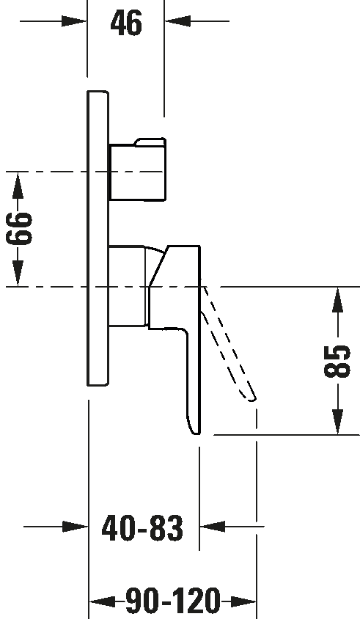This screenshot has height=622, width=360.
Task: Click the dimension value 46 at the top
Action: point(126,23)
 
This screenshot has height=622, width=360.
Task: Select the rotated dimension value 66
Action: point(19,229)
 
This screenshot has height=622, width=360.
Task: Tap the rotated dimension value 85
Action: point(337,361)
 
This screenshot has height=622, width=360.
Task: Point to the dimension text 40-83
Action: point(143,528)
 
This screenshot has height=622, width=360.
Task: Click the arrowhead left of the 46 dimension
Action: point(75,21)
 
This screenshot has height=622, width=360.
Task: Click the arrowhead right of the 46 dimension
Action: point(177,21)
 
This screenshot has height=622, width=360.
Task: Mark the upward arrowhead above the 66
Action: point(18,186)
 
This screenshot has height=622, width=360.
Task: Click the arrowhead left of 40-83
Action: point(76,527)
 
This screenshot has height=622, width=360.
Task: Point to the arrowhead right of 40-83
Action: point(212,527)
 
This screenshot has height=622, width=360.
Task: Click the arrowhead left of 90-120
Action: point(103,601)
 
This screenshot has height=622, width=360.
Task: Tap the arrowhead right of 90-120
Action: point(243,601)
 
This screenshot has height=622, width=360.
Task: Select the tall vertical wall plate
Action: point(98,238)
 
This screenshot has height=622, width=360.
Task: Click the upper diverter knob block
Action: point(137,169)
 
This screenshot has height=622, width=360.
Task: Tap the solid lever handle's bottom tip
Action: point(196,434)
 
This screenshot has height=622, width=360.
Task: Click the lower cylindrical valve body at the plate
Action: point(127,286)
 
